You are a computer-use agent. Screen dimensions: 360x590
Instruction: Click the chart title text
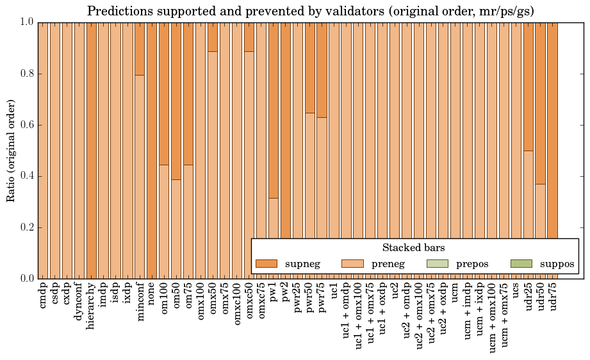[310, 11]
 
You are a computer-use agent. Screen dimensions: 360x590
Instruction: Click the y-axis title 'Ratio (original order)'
[11, 151]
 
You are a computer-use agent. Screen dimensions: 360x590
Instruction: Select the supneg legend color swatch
[266, 264]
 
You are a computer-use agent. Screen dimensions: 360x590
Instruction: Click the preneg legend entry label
[388, 264]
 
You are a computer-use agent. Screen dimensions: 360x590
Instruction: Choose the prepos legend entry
[473, 264]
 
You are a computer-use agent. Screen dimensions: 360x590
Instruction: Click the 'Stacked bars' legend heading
[413, 247]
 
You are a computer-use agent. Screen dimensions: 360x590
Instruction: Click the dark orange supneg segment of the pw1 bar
[274, 109]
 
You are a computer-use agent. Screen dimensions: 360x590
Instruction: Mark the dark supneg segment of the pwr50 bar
[310, 67]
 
